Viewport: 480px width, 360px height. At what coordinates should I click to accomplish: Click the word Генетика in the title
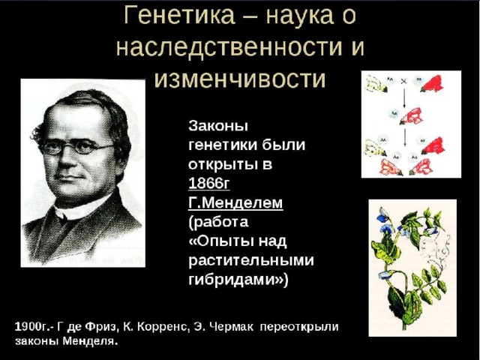tap(180, 15)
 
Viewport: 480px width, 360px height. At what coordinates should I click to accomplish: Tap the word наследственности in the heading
tap(229, 47)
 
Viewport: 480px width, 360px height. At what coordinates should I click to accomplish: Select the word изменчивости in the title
tap(240, 79)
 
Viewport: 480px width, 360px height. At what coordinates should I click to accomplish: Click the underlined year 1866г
tap(208, 183)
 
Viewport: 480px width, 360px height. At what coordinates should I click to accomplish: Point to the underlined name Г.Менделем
tap(235, 202)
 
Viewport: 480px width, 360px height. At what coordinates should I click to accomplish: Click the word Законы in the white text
tap(218, 126)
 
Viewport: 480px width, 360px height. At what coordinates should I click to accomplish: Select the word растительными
tap(251, 260)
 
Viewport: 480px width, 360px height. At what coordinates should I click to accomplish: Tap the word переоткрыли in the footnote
tap(299, 327)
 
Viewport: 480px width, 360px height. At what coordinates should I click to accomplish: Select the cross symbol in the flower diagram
tap(403, 82)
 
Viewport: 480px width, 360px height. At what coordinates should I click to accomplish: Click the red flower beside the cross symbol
tap(432, 84)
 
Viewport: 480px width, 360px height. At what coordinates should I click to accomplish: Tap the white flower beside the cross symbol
tap(376, 84)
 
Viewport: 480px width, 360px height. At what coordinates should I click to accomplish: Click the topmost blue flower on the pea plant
tap(383, 215)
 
